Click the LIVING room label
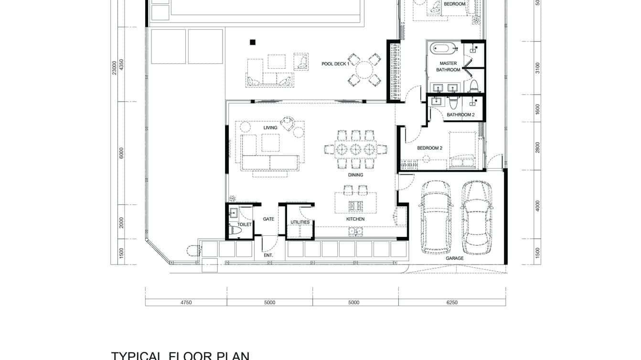(270, 127)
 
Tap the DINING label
(355, 175)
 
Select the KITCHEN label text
(355, 219)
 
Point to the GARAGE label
(455, 258)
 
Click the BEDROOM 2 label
(429, 148)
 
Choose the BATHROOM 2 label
(460, 115)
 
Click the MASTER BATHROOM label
(448, 66)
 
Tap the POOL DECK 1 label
(335, 64)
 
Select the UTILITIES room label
(300, 222)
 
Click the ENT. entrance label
(268, 255)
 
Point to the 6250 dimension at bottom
(451, 302)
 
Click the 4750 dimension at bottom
(186, 302)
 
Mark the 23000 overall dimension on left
(114, 67)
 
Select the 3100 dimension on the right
(537, 68)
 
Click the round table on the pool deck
(364, 70)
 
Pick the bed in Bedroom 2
(462, 150)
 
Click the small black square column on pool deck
(252, 42)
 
